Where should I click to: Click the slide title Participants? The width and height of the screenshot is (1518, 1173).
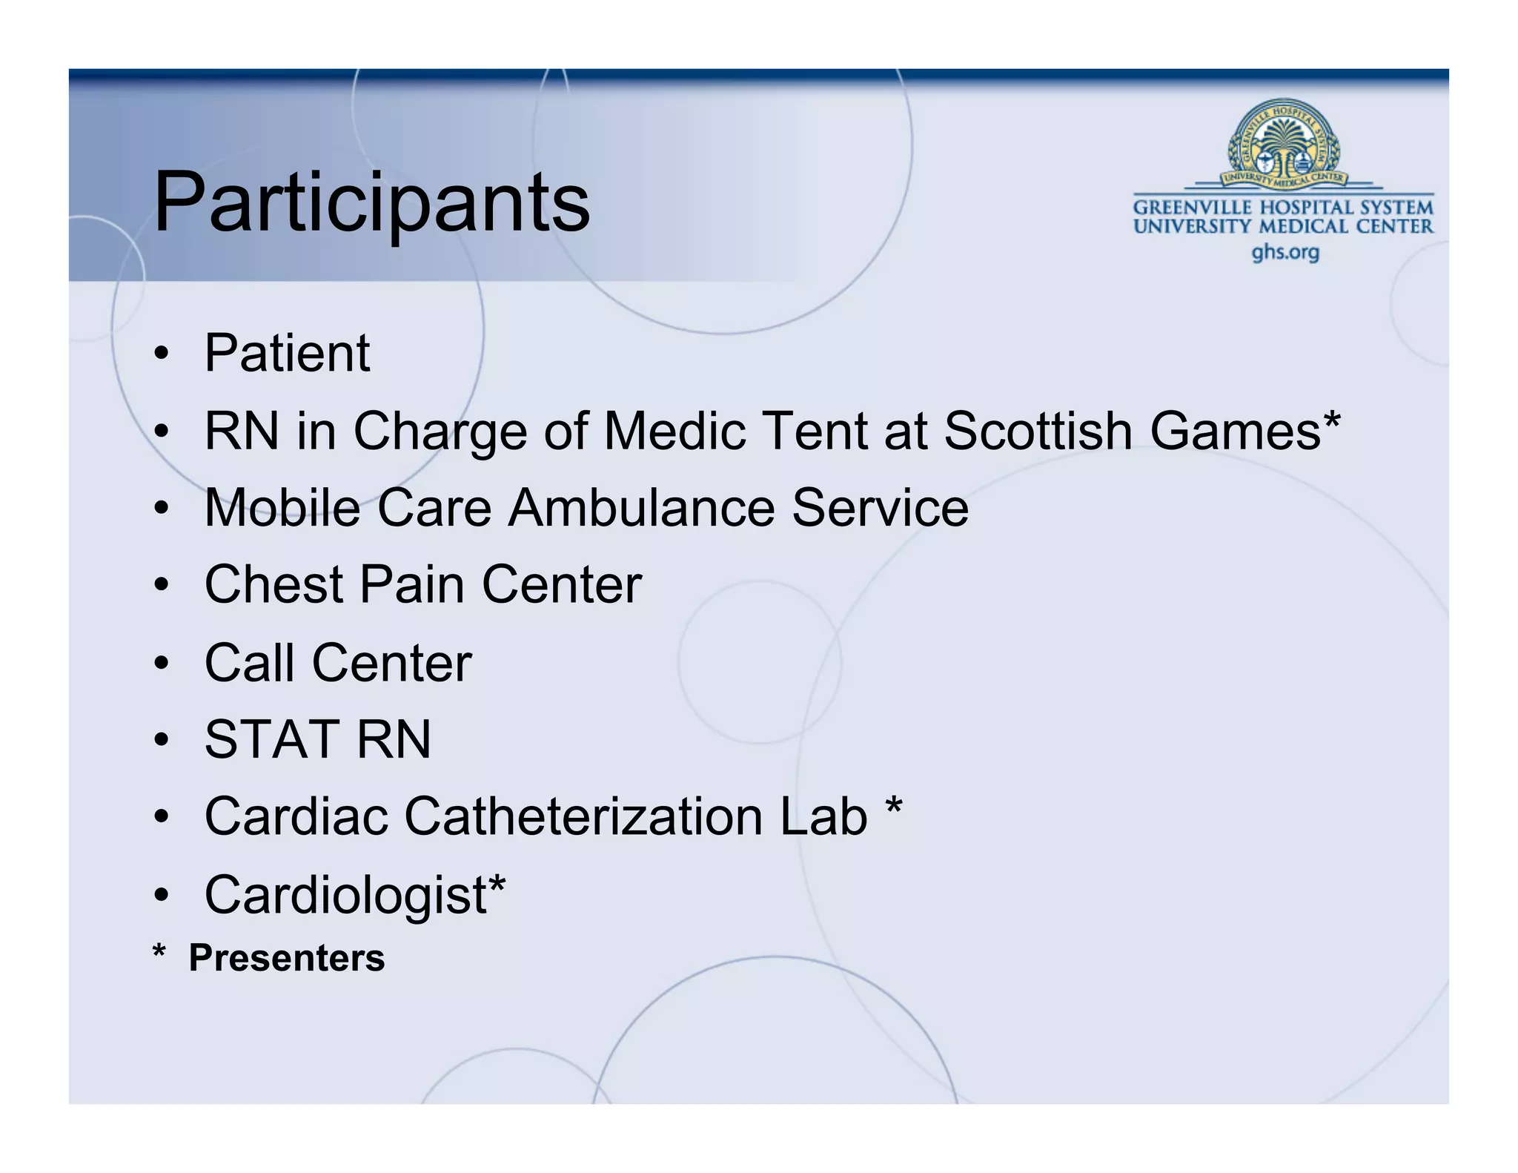click(x=371, y=202)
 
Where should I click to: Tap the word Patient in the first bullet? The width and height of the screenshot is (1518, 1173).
click(x=287, y=353)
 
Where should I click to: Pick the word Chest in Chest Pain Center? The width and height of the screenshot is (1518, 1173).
click(x=272, y=585)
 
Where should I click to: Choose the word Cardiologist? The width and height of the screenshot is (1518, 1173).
click(x=345, y=895)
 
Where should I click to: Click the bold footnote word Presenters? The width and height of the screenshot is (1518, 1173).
click(x=287, y=958)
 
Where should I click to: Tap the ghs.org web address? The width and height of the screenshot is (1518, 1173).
click(x=1285, y=253)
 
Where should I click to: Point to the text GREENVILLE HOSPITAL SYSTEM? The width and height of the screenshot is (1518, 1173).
click(x=1283, y=208)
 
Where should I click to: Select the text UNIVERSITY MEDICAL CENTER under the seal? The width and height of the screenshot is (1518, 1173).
click(x=1283, y=226)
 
